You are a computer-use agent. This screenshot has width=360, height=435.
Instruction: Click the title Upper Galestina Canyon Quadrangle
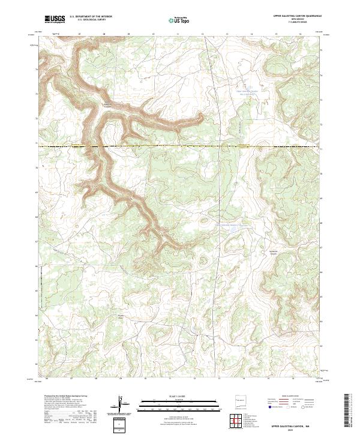[298, 16]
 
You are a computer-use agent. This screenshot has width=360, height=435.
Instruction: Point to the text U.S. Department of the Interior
[91, 17]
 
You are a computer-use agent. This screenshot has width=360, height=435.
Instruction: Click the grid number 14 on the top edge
[251, 35]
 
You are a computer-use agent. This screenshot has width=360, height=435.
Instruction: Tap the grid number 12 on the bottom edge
[195, 379]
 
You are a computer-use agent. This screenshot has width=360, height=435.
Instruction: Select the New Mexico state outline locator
[241, 400]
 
